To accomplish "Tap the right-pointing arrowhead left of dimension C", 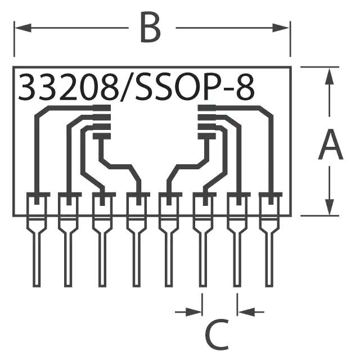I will (x=197, y=310).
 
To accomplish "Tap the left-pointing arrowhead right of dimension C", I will (x=243, y=310).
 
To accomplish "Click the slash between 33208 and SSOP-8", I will (x=124, y=88).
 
